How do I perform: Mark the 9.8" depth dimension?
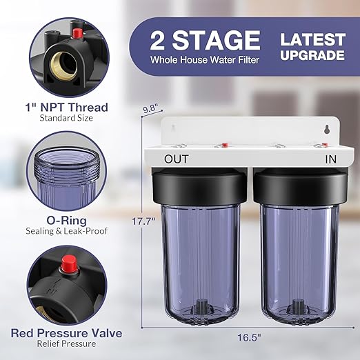pos(150,108)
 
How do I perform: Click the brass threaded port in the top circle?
pos(54,66)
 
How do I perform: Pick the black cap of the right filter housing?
pos(298,183)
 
